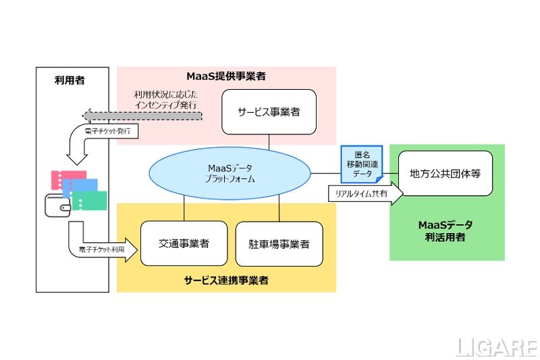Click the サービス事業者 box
(x=269, y=111)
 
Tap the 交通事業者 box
(x=184, y=242)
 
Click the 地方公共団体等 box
(x=446, y=174)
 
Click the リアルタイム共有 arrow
(x=364, y=193)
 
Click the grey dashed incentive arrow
(x=142, y=115)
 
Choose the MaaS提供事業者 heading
(x=226, y=76)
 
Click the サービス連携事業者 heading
(x=226, y=280)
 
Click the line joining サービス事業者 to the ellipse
(x=269, y=142)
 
